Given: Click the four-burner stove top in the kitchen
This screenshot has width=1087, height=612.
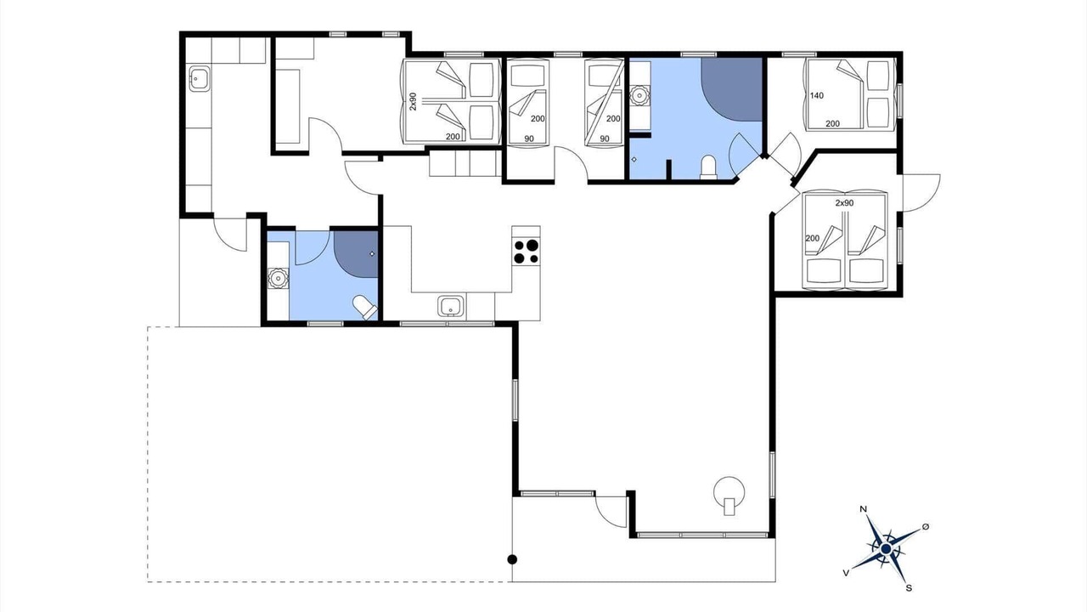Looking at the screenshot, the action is coord(526,252).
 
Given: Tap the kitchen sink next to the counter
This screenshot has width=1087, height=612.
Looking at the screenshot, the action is coord(450,307).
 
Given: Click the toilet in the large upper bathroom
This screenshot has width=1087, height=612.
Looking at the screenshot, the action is coord(708,167).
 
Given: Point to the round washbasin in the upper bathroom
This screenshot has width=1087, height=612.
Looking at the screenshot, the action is coord(639,96).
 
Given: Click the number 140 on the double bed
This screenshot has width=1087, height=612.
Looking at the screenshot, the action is coord(817,96).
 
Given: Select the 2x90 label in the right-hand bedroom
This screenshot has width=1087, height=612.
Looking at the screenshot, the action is coord(844,203).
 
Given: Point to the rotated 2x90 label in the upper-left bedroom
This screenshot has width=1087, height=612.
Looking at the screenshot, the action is coord(413,101).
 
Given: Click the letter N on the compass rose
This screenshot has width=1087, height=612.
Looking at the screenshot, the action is coord(864,509).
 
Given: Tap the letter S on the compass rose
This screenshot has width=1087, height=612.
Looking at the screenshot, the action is coord(909,588).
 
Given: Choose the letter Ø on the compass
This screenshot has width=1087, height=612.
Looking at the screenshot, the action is coord(926,527).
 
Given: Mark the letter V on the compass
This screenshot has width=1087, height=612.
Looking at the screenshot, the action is coord(847,573).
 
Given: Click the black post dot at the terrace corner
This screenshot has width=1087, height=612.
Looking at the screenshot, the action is coord(512,559).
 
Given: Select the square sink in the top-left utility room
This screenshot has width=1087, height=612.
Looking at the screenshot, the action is coord(199,78).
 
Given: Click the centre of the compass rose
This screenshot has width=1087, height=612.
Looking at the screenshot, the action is coord(886,549).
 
